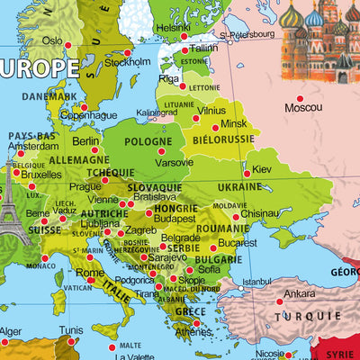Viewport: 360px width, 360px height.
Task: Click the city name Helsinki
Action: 174,28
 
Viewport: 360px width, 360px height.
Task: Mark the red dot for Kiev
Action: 247,175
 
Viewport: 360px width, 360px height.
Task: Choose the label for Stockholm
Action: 128,63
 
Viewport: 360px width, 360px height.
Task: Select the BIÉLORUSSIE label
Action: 221,141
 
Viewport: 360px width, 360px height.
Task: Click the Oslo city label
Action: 52,40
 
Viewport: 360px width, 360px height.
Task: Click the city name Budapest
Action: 174,218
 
